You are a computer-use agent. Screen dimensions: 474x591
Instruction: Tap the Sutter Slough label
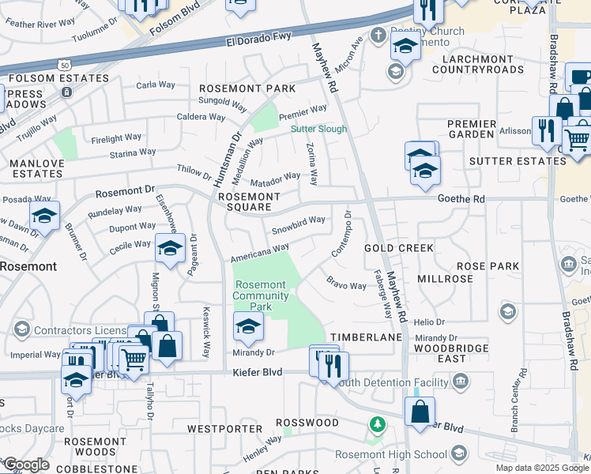319,129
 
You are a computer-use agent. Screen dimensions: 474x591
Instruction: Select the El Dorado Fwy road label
258,38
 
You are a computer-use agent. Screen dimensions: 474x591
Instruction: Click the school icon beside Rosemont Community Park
248,325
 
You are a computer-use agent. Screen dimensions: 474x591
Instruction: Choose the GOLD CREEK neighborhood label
398,248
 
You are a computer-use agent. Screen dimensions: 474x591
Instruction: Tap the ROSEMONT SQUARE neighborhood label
249,203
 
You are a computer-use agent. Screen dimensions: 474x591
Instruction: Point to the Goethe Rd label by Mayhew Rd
462,200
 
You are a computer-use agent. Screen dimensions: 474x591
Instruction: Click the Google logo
25,465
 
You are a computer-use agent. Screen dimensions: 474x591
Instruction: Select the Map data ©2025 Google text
542,468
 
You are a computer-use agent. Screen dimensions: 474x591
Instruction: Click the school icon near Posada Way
45,216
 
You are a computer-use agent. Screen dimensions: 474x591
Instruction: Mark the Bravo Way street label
347,284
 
